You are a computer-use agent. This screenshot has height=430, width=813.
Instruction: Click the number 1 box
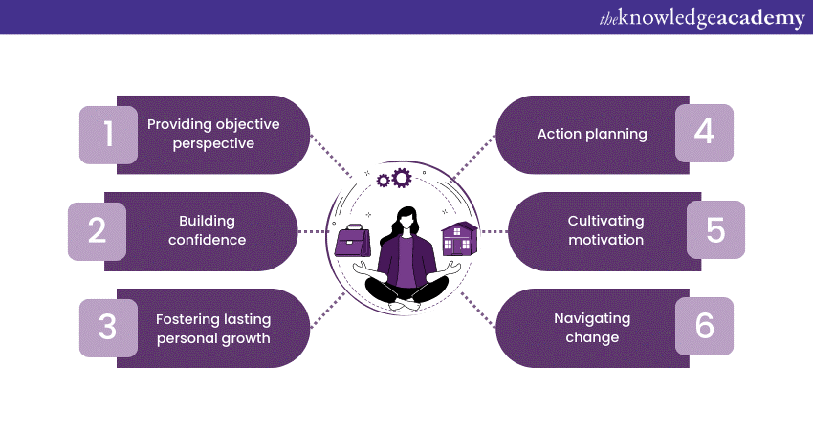(x=108, y=135)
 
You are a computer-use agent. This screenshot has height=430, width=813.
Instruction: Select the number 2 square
(x=97, y=231)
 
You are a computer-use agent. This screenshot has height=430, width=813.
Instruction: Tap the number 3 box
(x=107, y=327)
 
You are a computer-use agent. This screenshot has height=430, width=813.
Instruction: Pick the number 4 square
(x=704, y=133)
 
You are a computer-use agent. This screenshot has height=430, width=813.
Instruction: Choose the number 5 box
(x=715, y=230)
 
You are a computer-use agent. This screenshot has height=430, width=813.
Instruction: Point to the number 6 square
(x=704, y=326)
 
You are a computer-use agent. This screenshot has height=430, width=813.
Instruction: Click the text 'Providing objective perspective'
(x=201, y=134)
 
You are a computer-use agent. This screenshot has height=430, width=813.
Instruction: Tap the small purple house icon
(x=458, y=239)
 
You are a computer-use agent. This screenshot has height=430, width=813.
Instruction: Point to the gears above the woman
(x=394, y=178)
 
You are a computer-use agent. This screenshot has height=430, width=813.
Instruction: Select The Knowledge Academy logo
(x=703, y=18)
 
